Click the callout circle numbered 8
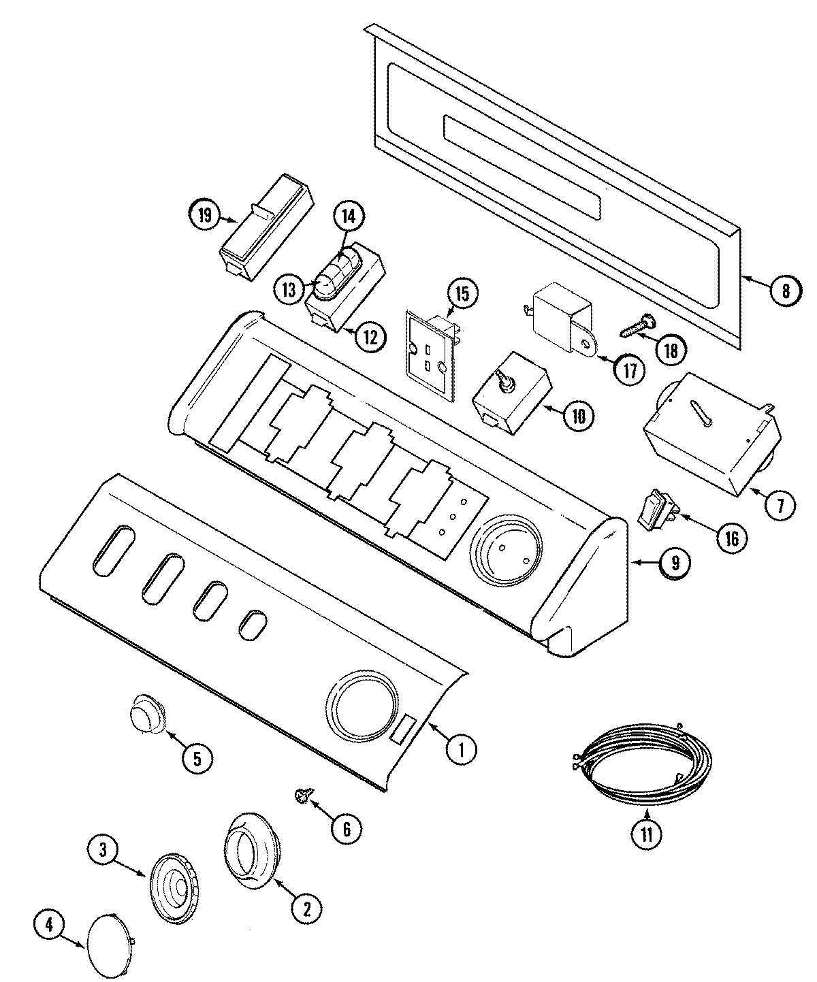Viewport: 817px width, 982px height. click(x=786, y=291)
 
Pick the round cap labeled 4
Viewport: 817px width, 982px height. click(x=110, y=941)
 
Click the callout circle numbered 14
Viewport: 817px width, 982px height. click(x=348, y=216)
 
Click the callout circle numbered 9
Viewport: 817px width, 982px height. click(x=674, y=563)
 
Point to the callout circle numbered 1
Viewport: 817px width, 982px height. click(x=461, y=749)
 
